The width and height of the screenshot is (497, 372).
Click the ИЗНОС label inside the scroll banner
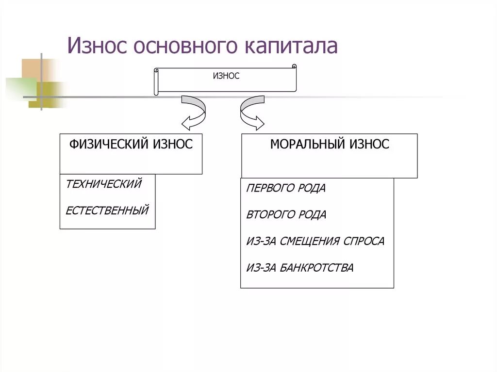[x=226, y=76]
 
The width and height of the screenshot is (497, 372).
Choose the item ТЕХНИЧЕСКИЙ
[x=104, y=184]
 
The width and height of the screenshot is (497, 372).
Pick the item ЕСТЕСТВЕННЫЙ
[x=107, y=210]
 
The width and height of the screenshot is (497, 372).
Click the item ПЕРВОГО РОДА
[x=286, y=188]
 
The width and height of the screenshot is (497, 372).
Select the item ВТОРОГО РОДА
[x=286, y=214]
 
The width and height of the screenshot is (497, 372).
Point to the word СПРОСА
[x=364, y=241]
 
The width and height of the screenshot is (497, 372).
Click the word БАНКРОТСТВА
[x=316, y=267]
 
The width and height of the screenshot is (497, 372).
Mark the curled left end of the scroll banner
[x=156, y=81]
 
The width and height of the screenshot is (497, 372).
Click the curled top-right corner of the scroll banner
[x=294, y=67]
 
